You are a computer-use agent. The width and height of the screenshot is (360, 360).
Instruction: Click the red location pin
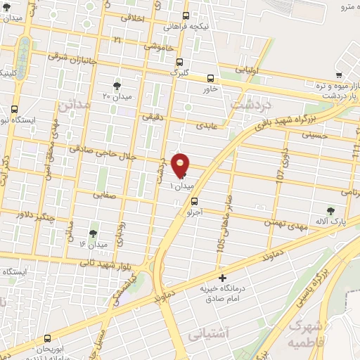tap(181, 166)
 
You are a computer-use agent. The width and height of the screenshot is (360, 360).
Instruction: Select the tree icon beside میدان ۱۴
tap(93, 233)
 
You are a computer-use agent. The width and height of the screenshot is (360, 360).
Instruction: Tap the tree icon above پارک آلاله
tap(341, 210)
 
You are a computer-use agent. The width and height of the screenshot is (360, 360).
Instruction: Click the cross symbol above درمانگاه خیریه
tap(223, 279)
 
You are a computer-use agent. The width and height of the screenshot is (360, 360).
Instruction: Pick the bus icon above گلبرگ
tap(179, 62)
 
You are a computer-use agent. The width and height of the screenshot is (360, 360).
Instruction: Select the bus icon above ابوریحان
tap(47, 338)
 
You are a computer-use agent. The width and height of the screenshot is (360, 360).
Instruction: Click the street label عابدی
tap(202, 124)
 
